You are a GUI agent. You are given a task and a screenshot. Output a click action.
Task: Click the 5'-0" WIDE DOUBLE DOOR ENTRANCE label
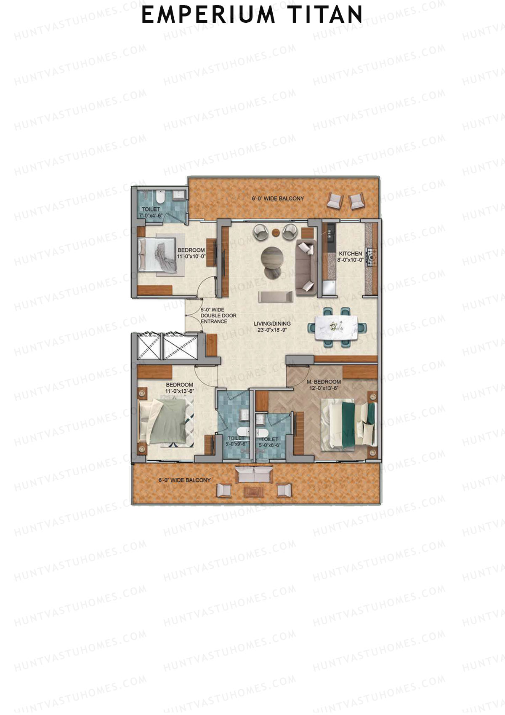218,316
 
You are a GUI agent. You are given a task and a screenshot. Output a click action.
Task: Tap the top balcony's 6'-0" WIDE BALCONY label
278,198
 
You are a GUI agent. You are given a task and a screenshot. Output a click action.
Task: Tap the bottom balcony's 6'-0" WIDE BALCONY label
184,480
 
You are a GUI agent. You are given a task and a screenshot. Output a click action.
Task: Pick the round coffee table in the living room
272,257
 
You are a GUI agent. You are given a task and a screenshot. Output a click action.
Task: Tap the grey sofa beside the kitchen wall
306,267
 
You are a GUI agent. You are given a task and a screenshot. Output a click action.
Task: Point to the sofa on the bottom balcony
254,475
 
